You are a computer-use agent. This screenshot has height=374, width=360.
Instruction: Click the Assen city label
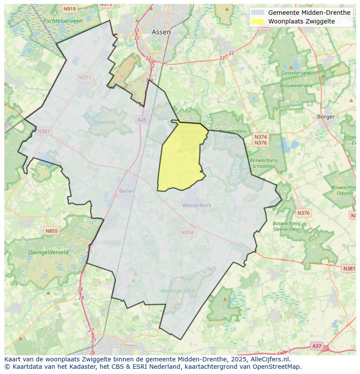tap(161, 32)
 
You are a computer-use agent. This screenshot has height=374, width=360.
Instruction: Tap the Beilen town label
tap(127, 191)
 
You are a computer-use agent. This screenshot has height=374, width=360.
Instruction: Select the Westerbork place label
tap(197, 205)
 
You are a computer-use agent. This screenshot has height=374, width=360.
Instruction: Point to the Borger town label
tap(326, 116)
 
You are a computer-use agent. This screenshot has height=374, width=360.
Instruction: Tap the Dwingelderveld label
tap(48, 252)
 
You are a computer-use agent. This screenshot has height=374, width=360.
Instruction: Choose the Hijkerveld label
tap(105, 122)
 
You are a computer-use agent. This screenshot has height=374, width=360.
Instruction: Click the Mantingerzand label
tap(177, 291)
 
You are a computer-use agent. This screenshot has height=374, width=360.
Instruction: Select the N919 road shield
tap(69, 9)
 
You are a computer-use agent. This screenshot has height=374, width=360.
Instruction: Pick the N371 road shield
tap(85, 77)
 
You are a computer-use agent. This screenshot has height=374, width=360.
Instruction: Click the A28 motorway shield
tap(141, 119)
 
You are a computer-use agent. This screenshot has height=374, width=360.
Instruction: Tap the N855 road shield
tap(51, 231)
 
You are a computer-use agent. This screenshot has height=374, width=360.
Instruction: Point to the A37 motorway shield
tap(317, 346)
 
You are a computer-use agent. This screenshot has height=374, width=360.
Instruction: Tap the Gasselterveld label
tap(295, 73)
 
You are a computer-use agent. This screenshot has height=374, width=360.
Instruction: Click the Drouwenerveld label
tap(296, 86)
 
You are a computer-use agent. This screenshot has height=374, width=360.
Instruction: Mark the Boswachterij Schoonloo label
tap(263, 163)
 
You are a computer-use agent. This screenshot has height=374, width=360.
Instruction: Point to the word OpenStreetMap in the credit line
tap(279, 367)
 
